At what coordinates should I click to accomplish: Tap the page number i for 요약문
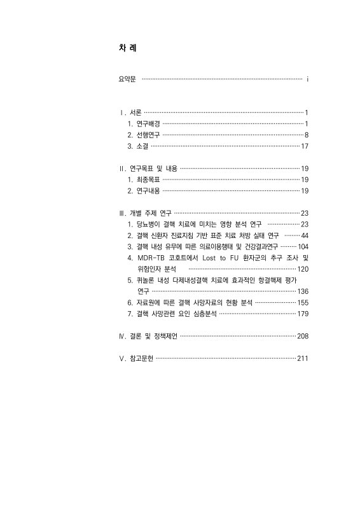pos(307,80)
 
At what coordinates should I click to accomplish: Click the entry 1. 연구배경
pos(144,123)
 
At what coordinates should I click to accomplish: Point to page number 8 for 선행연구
pos(306,135)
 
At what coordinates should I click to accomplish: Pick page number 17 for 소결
pos(304,146)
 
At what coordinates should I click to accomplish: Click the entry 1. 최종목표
pos(144,180)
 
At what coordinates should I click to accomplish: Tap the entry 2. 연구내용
pos(144,191)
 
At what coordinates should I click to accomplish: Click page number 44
pos(304,235)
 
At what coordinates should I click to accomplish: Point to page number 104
pos(303,246)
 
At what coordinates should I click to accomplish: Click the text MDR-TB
pos(151,258)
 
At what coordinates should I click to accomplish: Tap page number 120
pos(302,269)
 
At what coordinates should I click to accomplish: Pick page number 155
pos(302,303)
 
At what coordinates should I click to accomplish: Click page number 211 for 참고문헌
pos(302,358)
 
